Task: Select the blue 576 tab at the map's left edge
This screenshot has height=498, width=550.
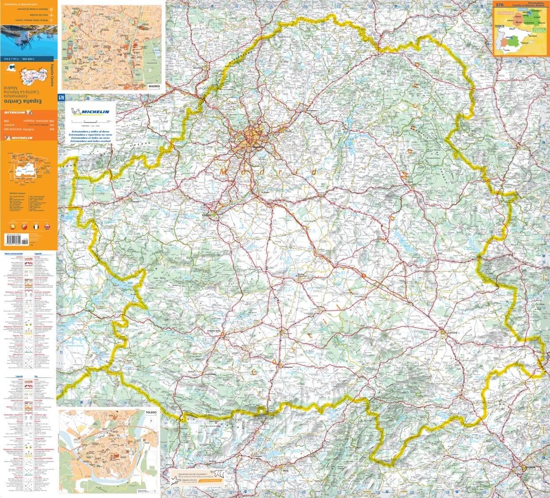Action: coord(61,97)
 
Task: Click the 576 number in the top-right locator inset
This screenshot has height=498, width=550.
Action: coord(500,5)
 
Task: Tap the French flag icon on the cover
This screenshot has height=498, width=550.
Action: coord(36,227)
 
